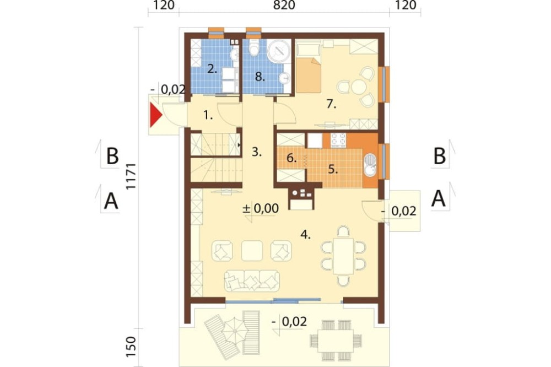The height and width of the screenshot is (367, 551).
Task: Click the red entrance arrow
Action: point(155,115)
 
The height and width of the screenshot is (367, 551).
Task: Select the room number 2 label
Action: point(212,68)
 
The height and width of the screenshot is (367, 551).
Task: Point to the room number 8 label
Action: point(260,77)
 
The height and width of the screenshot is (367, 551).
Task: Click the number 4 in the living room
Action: point(305,235)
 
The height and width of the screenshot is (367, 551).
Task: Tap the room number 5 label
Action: point(333,169)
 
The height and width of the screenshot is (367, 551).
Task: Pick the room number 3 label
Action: point(257,152)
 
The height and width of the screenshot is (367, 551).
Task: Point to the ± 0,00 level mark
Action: point(261,208)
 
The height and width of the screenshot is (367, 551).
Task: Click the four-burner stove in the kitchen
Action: point(338,141)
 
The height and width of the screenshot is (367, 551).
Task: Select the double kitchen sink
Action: point(369,165)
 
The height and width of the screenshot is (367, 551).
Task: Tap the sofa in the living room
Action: point(252,280)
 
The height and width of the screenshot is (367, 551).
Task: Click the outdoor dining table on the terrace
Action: point(336,341)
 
